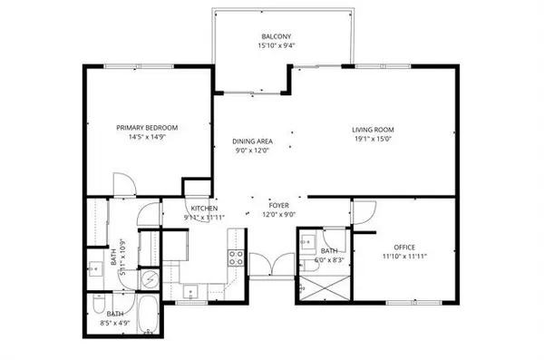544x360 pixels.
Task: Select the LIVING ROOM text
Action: pos(374,129)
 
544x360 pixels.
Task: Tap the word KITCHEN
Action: pos(203,209)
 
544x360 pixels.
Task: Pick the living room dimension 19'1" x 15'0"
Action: pos(374,140)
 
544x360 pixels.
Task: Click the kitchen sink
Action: pos(191,290)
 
